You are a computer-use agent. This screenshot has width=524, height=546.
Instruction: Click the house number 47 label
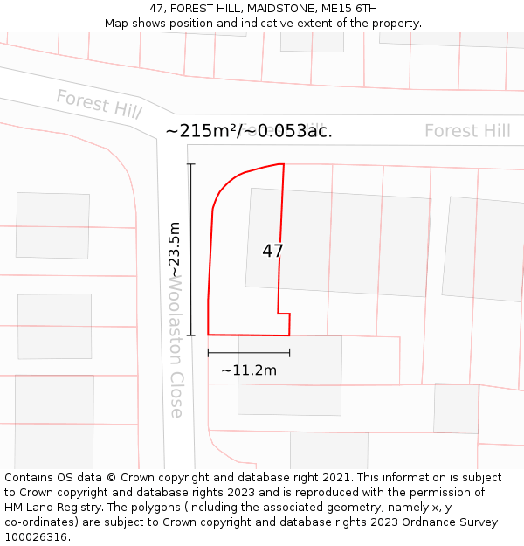point(272,251)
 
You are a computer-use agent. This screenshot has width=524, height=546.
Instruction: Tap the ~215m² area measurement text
point(249,131)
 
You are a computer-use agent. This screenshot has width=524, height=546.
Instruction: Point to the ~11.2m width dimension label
point(248,370)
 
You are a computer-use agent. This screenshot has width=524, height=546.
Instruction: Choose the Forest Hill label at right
point(467,131)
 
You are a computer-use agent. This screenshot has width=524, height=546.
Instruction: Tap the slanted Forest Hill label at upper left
point(98,104)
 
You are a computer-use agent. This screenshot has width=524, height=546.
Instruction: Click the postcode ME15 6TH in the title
point(349,9)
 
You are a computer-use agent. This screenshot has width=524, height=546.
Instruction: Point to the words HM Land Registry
point(48,507)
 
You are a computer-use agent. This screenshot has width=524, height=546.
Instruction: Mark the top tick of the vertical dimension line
point(191,164)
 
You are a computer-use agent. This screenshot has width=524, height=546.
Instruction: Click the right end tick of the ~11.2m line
point(289,353)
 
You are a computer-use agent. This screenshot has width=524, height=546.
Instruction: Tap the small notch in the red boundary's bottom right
point(285,315)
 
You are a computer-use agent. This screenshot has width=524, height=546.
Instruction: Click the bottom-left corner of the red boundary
point(208,334)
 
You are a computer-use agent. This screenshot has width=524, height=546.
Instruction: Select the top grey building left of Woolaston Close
point(52,225)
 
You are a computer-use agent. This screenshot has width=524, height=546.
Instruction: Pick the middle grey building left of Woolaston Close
point(54,326)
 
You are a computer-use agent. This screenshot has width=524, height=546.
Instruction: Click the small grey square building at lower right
point(456,407)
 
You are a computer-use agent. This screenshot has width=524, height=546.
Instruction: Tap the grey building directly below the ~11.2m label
point(288,397)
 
